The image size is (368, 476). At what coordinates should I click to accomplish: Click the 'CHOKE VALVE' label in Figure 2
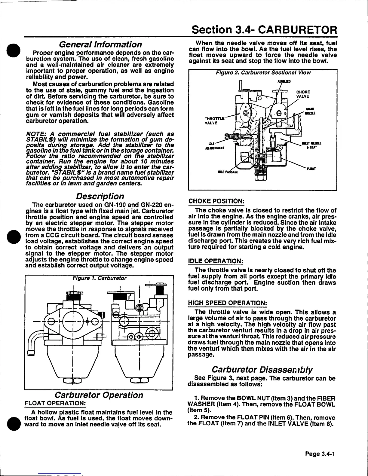pos(303,94)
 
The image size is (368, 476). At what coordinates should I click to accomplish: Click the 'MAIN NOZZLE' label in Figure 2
pos(308,111)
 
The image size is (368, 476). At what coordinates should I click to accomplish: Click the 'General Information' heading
pos(101,44)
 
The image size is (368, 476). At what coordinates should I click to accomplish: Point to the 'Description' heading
pos(100,196)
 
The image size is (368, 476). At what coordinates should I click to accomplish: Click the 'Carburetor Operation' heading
pos(98,395)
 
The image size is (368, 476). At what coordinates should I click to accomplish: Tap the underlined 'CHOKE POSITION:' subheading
pos(216,201)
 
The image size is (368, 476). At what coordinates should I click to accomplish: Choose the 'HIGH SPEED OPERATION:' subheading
pos(227,303)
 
